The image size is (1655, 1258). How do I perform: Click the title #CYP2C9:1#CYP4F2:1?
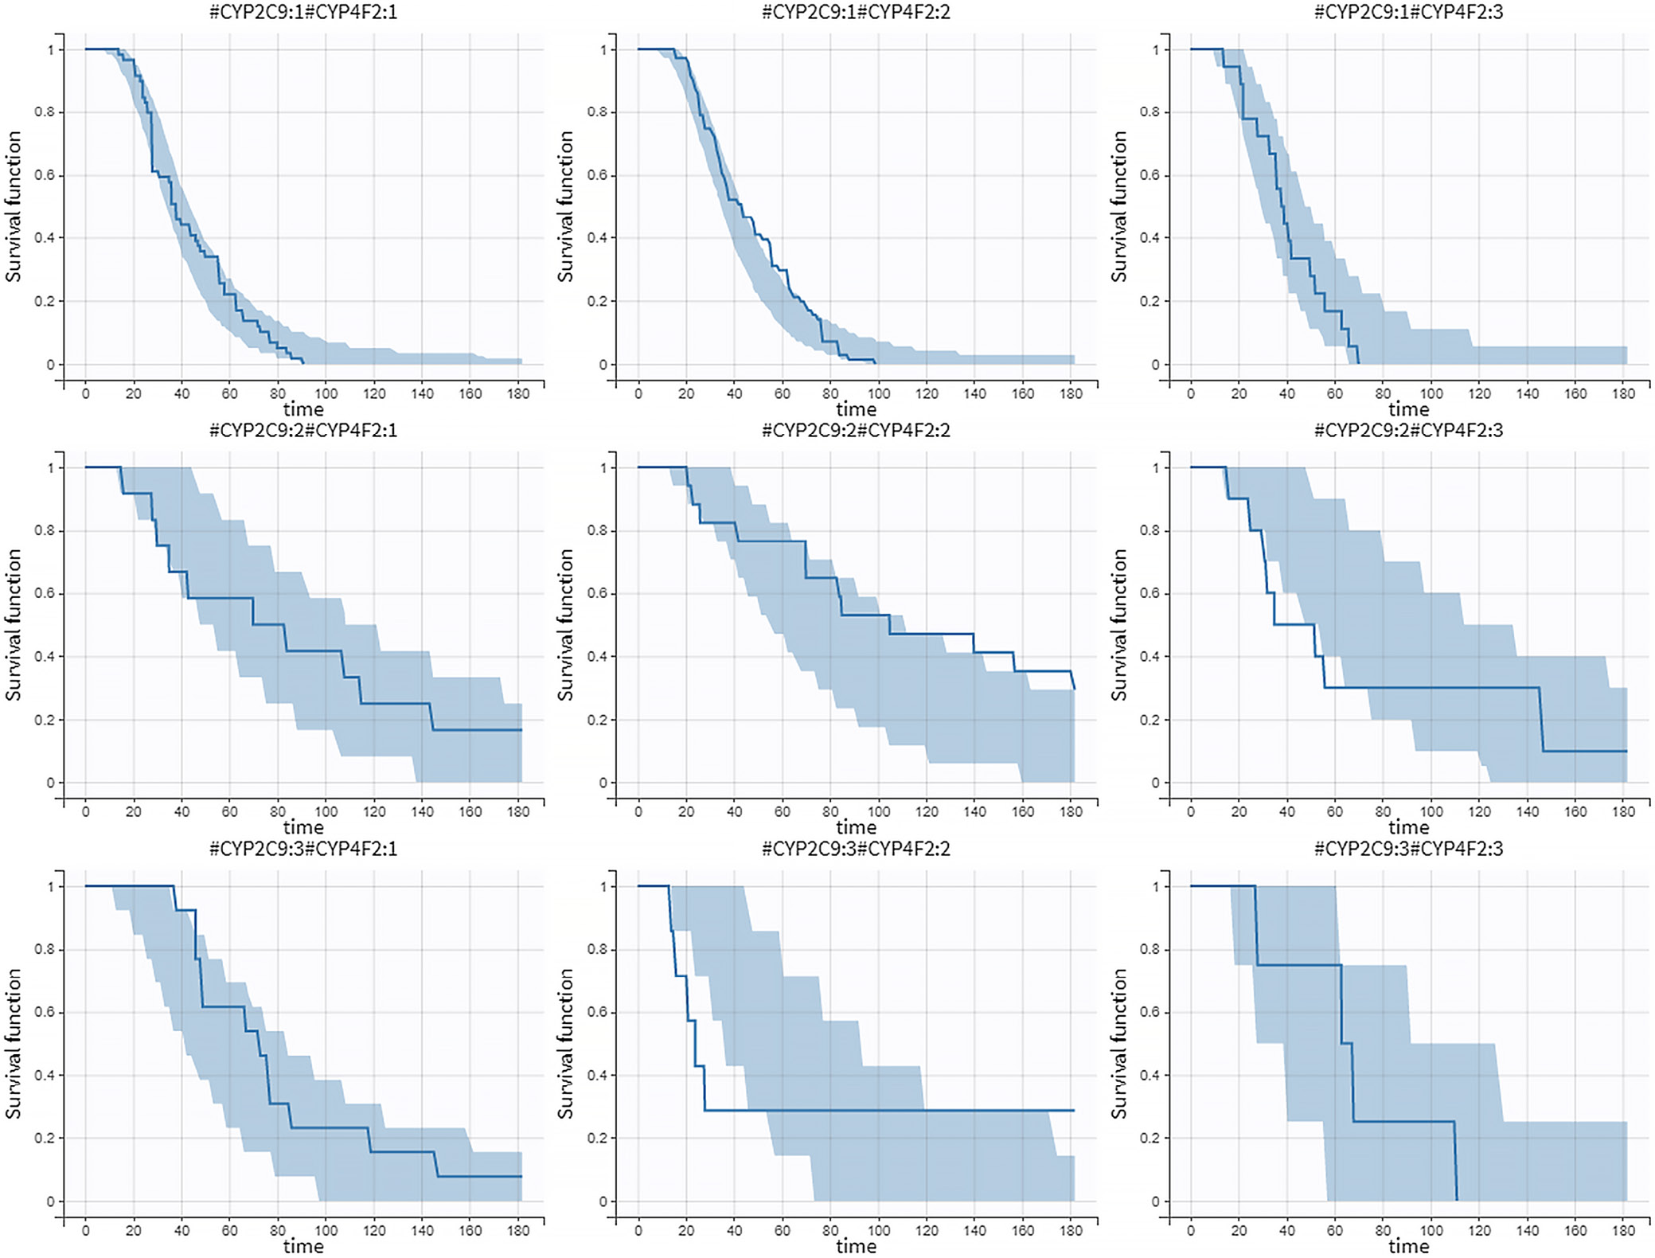tap(303, 12)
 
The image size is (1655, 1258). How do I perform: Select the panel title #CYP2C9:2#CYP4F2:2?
tap(856, 431)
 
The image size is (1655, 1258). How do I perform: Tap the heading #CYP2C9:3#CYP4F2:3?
tap(1408, 849)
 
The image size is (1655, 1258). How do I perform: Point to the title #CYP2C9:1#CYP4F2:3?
tap(1408, 12)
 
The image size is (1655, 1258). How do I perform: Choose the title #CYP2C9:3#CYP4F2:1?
tap(303, 849)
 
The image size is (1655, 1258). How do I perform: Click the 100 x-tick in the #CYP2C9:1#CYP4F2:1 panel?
tap(326, 393)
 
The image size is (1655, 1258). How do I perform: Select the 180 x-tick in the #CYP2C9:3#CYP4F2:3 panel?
tap(1623, 1230)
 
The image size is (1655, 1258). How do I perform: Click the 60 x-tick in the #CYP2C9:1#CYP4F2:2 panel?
tap(783, 393)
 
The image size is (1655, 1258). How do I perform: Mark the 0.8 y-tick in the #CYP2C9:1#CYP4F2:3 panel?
tap(1150, 112)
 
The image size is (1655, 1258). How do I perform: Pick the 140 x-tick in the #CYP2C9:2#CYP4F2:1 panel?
tap(422, 812)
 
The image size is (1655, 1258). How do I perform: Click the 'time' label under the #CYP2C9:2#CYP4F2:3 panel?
tap(1408, 827)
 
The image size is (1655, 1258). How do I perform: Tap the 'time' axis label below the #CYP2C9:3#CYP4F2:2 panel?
tap(856, 1246)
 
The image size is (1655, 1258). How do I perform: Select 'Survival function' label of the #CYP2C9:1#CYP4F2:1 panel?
tap(13, 207)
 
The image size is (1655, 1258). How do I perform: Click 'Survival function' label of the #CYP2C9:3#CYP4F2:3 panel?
tap(1118, 1044)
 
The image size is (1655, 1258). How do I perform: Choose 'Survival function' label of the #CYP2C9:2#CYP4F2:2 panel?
tap(565, 625)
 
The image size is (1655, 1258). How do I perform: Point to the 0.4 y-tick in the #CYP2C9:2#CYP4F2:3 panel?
tap(1150, 657)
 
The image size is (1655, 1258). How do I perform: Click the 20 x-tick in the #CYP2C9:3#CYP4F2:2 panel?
tap(686, 1230)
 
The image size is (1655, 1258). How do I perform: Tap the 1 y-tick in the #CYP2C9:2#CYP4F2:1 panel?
tap(51, 468)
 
